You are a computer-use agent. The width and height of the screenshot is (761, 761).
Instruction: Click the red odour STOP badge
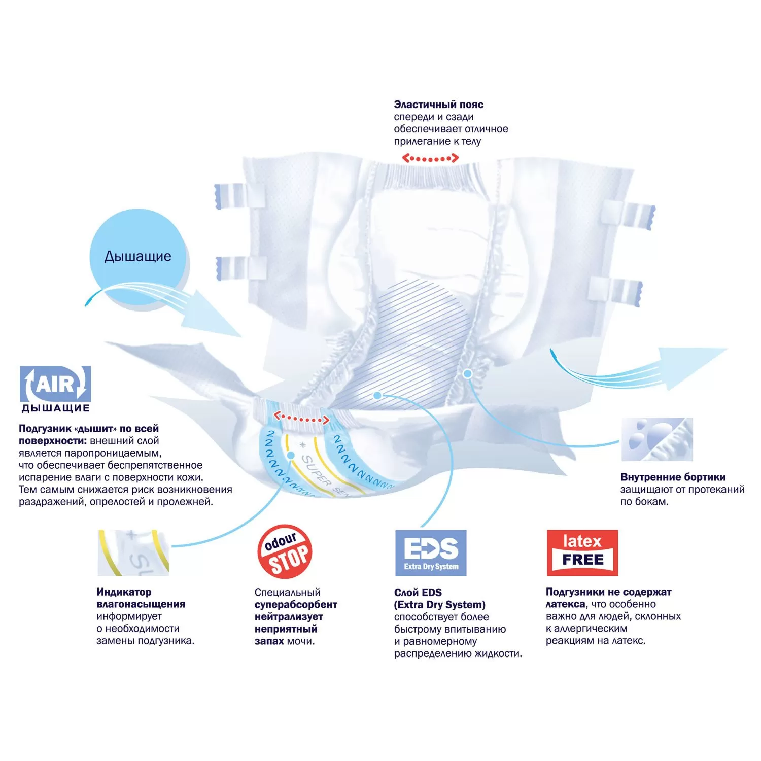285,552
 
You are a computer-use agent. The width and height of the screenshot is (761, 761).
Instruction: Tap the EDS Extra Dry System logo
431,553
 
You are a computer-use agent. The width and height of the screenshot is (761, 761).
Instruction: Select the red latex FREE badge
582,553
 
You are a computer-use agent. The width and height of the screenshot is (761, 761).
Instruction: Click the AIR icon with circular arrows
55,384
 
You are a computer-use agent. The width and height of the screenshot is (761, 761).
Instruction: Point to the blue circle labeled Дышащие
137,257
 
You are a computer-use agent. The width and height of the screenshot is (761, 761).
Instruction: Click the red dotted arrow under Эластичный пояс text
430,159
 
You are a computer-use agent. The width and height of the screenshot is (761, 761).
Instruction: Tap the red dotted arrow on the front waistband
301,419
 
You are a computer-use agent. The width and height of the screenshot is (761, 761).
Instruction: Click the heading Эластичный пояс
438,105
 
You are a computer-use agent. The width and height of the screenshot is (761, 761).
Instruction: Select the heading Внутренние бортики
673,477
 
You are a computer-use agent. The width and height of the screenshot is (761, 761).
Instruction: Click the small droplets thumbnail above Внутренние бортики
657,439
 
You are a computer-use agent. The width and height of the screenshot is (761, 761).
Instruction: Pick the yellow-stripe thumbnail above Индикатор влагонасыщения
133,553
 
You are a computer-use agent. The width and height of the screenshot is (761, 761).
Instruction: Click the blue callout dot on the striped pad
377,395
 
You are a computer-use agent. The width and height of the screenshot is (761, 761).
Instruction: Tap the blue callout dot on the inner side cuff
468,374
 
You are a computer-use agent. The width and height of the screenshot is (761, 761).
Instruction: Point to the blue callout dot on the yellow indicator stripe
291,455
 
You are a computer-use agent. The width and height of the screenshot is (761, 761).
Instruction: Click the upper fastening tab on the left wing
232,196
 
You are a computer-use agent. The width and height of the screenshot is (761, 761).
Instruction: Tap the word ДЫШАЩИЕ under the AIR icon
55,408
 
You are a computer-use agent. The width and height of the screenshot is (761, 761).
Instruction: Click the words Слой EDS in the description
418,593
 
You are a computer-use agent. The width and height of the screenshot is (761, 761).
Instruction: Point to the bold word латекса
565,604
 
